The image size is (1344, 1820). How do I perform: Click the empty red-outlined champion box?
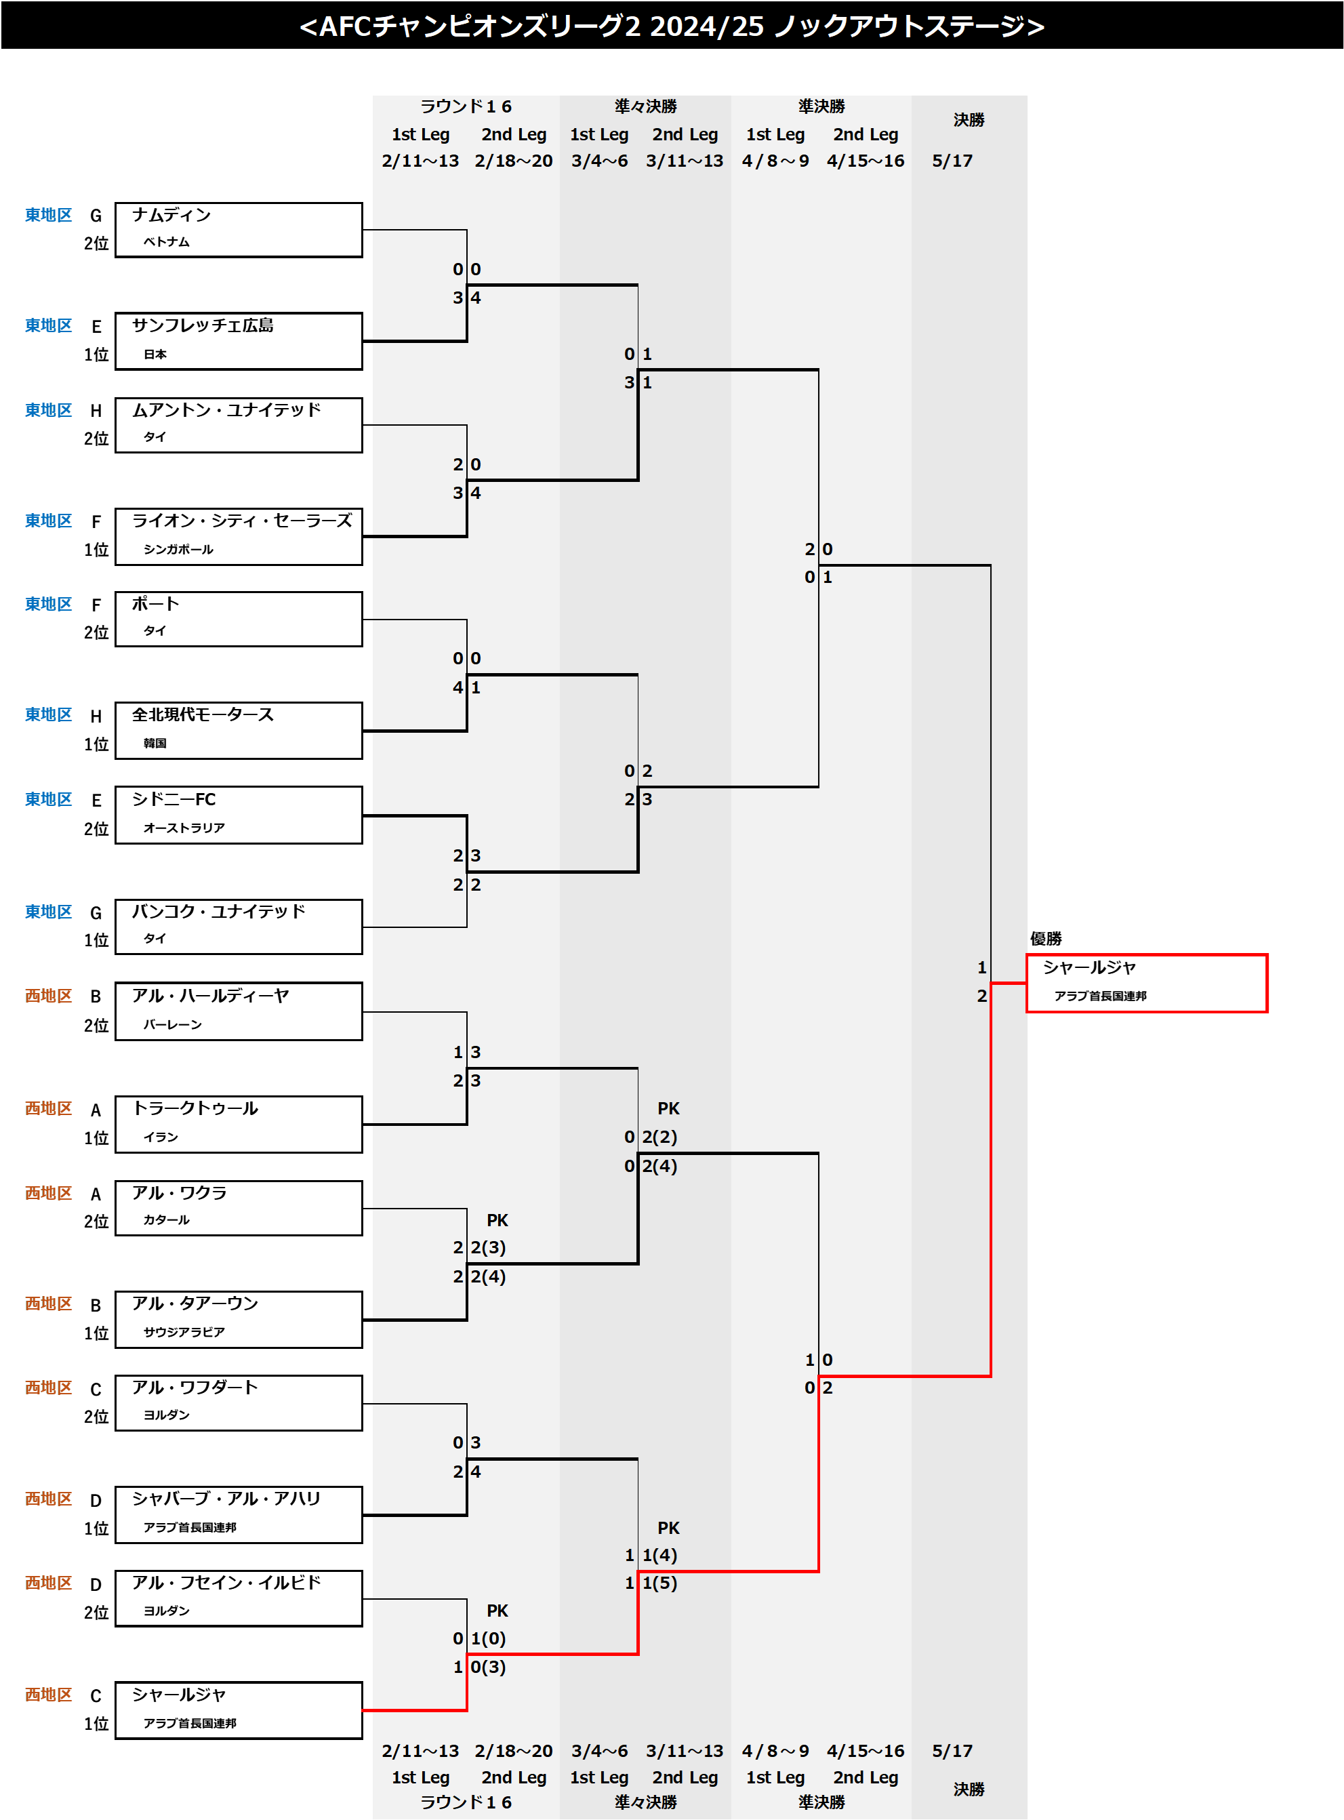(1146, 983)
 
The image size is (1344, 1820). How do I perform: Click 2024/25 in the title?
(706, 27)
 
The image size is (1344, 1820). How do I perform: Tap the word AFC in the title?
(345, 27)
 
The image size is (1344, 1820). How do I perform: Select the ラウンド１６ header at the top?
(466, 106)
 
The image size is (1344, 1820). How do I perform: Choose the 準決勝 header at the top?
(821, 106)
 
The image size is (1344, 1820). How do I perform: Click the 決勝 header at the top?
(968, 121)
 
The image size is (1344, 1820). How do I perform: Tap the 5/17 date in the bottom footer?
(952, 1751)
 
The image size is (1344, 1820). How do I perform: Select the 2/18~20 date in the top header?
(513, 161)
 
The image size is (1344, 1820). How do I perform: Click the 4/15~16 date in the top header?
(865, 161)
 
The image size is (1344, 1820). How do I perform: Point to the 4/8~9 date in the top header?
(775, 161)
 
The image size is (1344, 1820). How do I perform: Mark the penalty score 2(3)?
(488, 1247)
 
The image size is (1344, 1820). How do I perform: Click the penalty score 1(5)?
(659, 1583)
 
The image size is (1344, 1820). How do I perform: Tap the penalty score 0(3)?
(488, 1667)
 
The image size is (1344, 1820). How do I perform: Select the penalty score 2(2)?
(659, 1137)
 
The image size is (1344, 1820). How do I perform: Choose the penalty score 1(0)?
(488, 1638)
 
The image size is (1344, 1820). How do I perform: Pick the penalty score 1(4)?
(659, 1556)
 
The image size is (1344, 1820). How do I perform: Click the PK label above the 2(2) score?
(668, 1109)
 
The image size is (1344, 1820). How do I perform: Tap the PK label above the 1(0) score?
(497, 1611)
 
